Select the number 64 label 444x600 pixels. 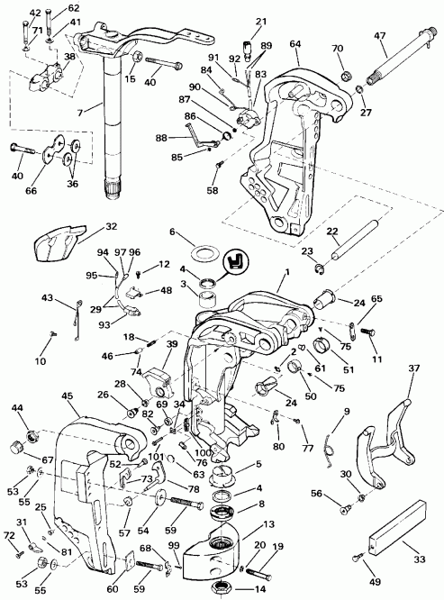coord(294,43)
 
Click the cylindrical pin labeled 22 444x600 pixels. coord(344,253)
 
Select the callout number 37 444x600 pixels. coord(414,368)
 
